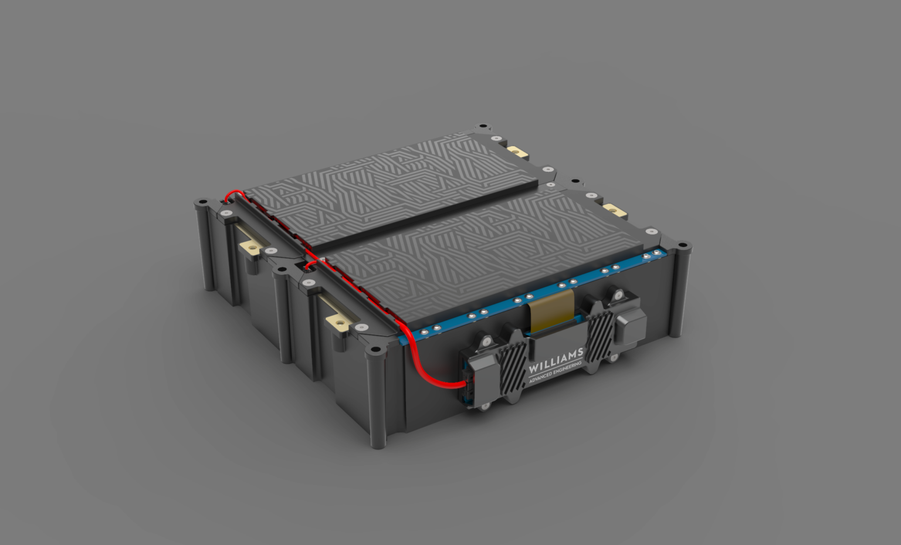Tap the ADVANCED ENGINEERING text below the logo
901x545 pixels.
[x=555, y=374]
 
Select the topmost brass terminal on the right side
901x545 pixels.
[x=517, y=153]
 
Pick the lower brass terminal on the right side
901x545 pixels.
[x=614, y=209]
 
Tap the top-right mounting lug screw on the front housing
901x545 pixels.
[x=617, y=296]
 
